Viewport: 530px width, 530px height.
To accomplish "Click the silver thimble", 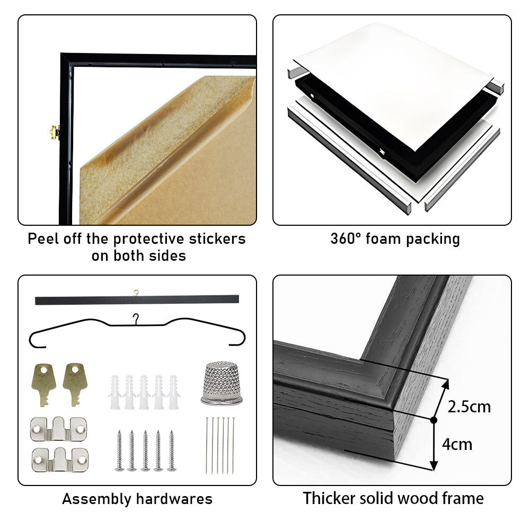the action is (x=222, y=383).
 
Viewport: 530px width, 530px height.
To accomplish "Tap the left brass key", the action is (x=43, y=383).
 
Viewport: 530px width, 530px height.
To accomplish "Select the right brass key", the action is (x=75, y=383).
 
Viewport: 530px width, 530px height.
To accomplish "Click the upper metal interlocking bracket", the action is (x=58, y=429).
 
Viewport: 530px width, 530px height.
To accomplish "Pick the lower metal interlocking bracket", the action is (x=60, y=460).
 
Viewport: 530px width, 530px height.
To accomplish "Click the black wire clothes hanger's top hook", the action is (x=136, y=319).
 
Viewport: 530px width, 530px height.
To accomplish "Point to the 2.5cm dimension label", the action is (x=469, y=407).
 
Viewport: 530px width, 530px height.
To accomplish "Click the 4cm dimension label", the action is (x=457, y=444).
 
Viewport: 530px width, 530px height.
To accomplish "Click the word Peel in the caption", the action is (x=43, y=239).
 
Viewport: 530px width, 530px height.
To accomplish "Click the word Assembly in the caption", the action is (x=96, y=499).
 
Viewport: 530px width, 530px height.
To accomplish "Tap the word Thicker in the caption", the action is (x=329, y=499).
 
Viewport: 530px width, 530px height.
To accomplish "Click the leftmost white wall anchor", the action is (x=115, y=392).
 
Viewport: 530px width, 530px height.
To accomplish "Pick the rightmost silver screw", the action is (x=172, y=450).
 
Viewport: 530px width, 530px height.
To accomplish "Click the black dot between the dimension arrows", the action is (x=434, y=420).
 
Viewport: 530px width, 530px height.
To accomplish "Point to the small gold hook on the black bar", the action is (x=136, y=293).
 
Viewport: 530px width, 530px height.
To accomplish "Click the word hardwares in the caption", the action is (x=174, y=499).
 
